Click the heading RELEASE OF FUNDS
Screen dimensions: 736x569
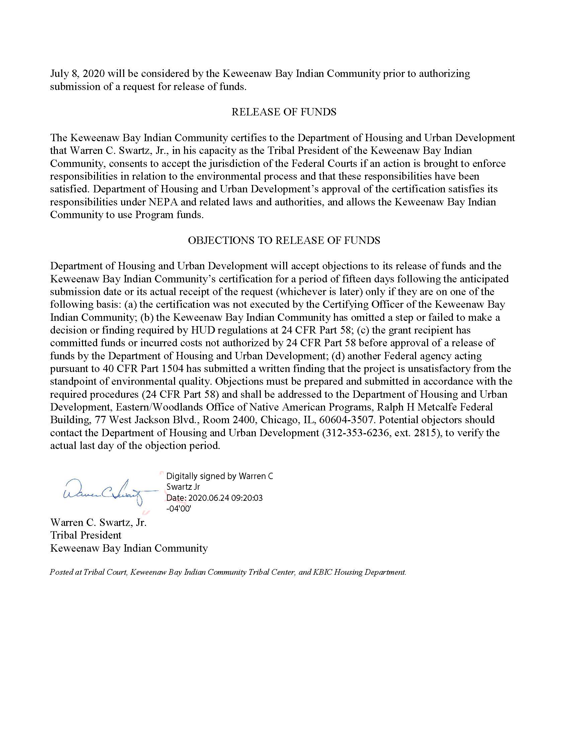284,112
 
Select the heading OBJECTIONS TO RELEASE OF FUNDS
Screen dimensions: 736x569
284,240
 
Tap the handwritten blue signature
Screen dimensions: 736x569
104,493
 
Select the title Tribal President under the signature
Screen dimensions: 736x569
86,535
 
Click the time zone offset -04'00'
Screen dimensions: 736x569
179,509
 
